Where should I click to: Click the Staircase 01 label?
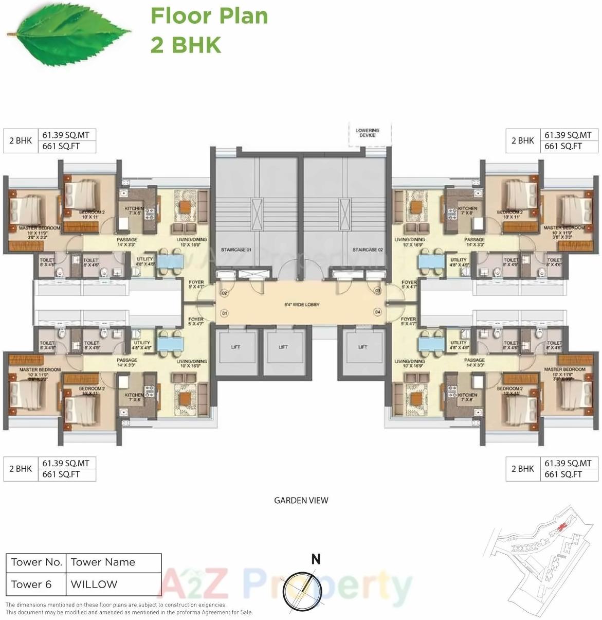[x=236, y=250]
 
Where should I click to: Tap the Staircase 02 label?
[x=368, y=250]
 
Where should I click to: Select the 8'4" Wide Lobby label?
[x=302, y=305]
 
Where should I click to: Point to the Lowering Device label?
[x=368, y=133]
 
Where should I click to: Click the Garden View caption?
[x=301, y=500]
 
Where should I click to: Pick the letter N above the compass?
[x=316, y=559]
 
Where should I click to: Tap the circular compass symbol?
[x=299, y=587]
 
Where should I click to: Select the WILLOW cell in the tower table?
[x=94, y=584]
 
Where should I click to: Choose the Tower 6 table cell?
[x=32, y=584]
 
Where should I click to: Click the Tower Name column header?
[x=103, y=562]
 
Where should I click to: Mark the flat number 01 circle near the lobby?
[x=224, y=312]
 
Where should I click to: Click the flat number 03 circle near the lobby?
[x=378, y=291]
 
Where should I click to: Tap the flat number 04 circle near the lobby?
[x=378, y=312]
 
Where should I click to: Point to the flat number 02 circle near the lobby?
[x=224, y=293]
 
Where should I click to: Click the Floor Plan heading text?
[x=209, y=16]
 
